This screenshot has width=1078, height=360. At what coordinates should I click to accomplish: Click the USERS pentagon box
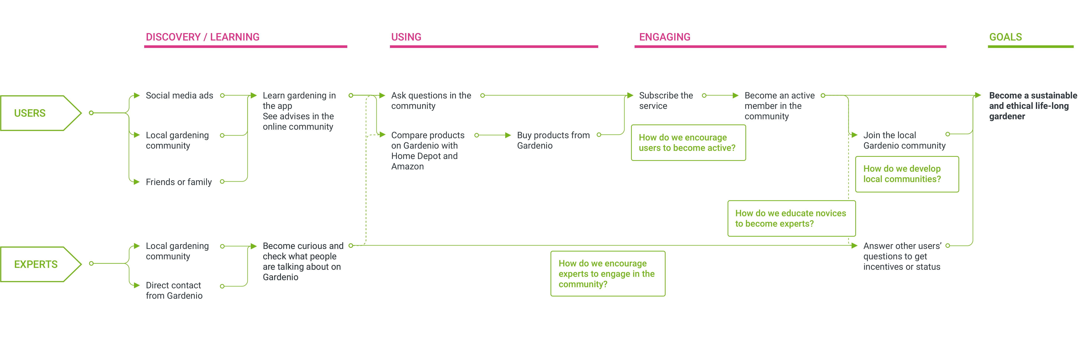pyautogui.click(x=41, y=113)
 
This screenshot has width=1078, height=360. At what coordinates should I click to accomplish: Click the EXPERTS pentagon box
pyautogui.click(x=41, y=264)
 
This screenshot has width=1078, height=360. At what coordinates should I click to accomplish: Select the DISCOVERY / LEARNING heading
pyautogui.click(x=202, y=37)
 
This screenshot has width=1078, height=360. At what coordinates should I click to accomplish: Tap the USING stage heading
pyautogui.click(x=406, y=37)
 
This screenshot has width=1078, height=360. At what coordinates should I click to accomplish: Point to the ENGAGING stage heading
pyautogui.click(x=664, y=37)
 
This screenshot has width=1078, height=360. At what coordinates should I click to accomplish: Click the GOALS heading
pyautogui.click(x=1005, y=37)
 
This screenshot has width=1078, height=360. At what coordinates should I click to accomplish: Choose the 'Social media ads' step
pyautogui.click(x=179, y=95)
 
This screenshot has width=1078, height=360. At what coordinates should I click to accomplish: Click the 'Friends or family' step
pyautogui.click(x=179, y=182)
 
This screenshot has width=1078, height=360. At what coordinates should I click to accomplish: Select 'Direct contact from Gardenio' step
pyautogui.click(x=174, y=291)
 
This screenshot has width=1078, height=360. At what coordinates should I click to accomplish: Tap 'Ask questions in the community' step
pyautogui.click(x=431, y=101)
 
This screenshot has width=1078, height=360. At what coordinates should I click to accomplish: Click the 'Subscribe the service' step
pyautogui.click(x=666, y=101)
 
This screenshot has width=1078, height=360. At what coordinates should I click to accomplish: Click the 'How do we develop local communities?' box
pyautogui.click(x=907, y=174)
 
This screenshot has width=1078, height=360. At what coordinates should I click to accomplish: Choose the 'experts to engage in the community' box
pyautogui.click(x=608, y=274)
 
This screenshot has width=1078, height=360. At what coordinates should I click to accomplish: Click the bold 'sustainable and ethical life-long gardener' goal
pyautogui.click(x=1033, y=106)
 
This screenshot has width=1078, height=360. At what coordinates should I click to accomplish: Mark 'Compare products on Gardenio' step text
pyautogui.click(x=428, y=151)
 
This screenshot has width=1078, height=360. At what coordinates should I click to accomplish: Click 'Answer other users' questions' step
pyautogui.click(x=902, y=256)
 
